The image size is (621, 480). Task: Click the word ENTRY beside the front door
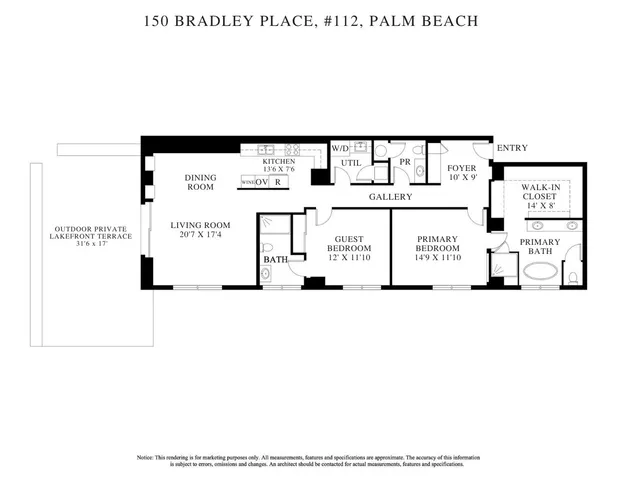click(x=512, y=149)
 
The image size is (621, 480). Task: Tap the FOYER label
click(x=461, y=168)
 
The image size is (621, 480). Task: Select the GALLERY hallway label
click(x=390, y=197)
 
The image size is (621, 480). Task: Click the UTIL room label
click(x=350, y=162)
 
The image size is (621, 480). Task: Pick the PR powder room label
click(x=405, y=161)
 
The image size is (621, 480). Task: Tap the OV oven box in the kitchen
click(x=261, y=182)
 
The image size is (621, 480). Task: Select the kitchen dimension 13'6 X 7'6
click(x=278, y=169)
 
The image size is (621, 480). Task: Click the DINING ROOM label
click(x=200, y=182)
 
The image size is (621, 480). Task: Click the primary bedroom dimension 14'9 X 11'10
click(x=437, y=258)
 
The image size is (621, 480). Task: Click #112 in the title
click(x=341, y=19)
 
